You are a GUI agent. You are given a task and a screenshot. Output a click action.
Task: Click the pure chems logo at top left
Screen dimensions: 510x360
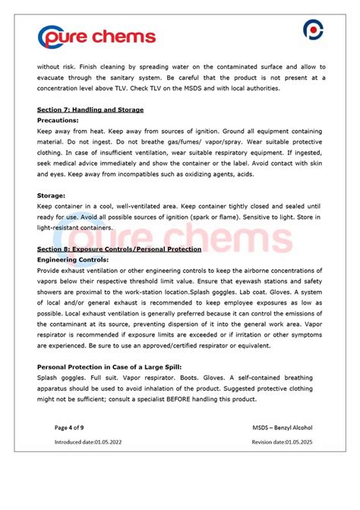tap(96, 36)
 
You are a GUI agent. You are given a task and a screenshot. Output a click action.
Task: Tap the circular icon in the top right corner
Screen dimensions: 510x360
tap(313, 30)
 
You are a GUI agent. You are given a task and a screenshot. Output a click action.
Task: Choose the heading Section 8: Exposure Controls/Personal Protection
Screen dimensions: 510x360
tap(119, 249)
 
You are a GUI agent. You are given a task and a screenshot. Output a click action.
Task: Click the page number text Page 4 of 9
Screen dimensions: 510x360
tap(71, 428)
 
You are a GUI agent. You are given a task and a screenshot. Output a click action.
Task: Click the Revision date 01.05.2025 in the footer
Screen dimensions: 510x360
tap(282, 442)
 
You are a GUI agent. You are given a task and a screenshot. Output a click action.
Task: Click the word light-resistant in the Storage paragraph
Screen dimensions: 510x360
tap(62, 226)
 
